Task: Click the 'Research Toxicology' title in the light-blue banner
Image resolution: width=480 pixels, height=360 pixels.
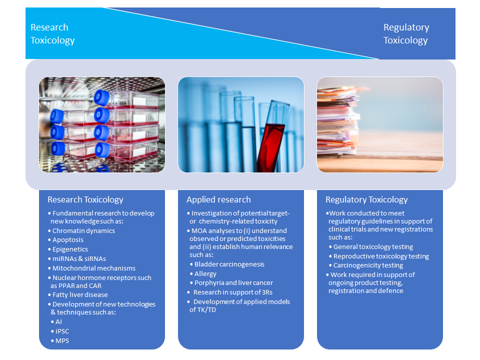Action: tap(52, 33)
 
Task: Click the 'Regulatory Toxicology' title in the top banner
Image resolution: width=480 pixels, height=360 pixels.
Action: tap(406, 33)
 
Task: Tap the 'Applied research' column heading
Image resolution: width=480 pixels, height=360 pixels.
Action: tap(218, 199)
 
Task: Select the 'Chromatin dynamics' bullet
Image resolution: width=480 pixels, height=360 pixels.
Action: tap(83, 231)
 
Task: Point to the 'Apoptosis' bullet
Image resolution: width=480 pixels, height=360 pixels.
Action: tap(68, 240)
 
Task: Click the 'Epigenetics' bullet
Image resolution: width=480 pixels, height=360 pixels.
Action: tap(70, 249)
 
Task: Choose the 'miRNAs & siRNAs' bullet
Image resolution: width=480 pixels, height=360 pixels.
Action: tap(79, 258)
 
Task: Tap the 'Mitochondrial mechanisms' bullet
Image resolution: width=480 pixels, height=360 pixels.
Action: tap(94, 268)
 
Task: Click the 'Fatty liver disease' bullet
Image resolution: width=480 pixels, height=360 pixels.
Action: tap(80, 295)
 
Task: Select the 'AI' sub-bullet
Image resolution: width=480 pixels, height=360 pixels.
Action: tap(58, 321)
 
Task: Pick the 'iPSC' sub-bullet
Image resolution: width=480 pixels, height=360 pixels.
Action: tap(62, 331)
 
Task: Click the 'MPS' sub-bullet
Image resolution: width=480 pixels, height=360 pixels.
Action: tap(62, 340)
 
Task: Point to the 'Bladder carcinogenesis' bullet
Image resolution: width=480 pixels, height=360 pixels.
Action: tap(229, 264)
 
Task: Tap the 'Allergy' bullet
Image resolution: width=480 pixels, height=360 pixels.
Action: tap(205, 273)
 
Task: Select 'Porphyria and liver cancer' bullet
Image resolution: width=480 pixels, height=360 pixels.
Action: tap(233, 283)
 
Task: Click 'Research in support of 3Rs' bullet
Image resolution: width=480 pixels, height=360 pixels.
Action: tap(233, 292)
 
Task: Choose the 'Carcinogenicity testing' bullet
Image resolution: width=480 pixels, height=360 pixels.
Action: tap(368, 265)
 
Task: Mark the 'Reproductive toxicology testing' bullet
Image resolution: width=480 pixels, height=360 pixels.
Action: tap(381, 256)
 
